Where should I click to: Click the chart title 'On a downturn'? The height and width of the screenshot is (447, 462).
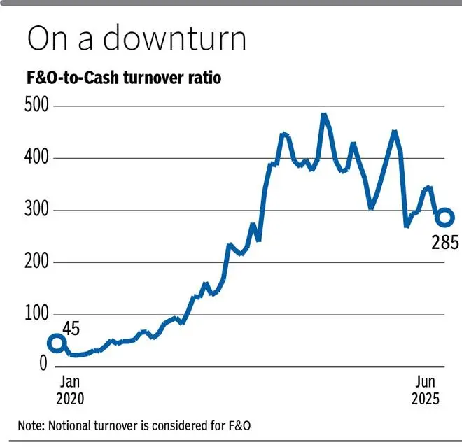136,40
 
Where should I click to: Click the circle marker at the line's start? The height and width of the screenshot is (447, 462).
57,343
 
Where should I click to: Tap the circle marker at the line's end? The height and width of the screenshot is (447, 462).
445,218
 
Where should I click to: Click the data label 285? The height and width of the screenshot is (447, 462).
445,243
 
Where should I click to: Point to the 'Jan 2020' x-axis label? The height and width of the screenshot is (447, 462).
69,390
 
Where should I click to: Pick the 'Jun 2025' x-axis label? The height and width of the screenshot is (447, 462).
425,390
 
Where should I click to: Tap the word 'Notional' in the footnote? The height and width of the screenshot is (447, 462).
71,426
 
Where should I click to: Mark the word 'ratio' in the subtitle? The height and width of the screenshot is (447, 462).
205,78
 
